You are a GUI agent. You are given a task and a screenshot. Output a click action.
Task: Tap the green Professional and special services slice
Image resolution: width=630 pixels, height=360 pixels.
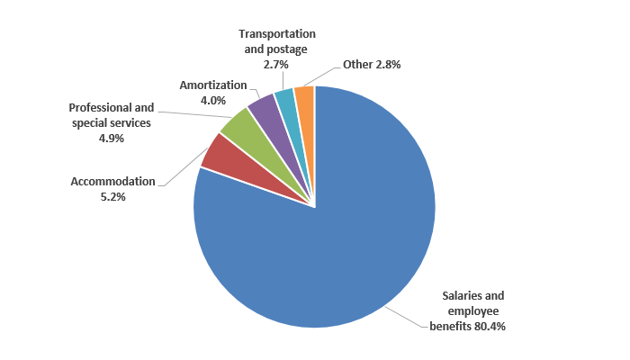[236, 126]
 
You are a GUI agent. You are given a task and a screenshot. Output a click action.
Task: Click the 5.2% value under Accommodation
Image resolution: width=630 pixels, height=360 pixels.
[112, 196]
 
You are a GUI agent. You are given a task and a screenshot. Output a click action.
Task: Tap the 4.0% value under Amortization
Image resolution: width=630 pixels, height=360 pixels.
[212, 100]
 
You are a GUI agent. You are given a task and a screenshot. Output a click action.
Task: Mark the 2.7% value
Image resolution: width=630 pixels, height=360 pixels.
[277, 65]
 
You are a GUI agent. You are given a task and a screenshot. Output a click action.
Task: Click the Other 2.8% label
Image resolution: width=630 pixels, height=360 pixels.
[371, 65]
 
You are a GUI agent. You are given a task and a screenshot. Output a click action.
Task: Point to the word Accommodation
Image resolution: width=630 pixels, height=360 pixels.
[113, 181]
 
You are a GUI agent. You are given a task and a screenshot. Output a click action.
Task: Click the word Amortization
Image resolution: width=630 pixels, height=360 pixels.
[212, 85]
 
